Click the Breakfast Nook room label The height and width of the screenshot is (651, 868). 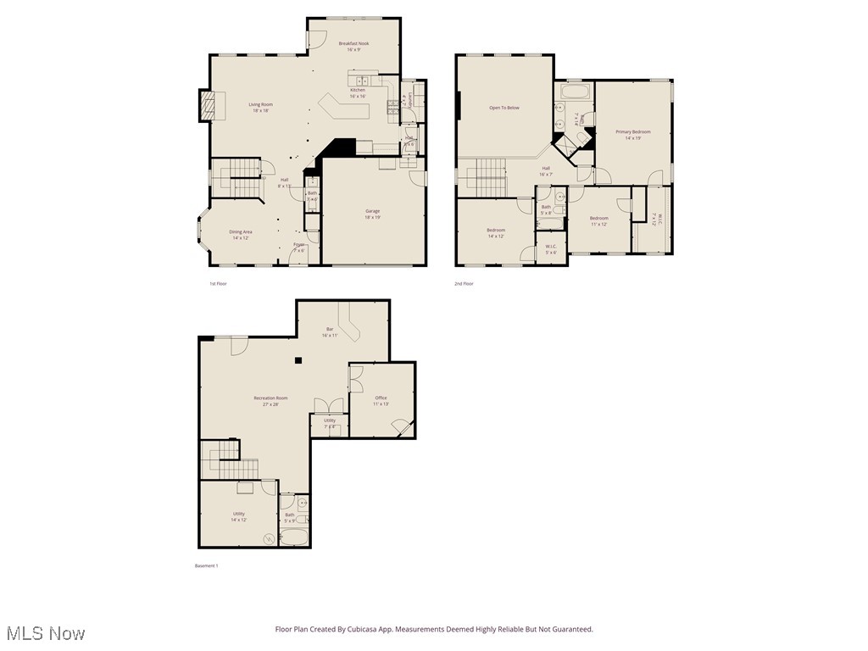point(353,43)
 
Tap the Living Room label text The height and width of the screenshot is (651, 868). point(260,105)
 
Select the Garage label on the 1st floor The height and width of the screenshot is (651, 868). point(372,211)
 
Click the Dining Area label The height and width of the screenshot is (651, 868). point(241,231)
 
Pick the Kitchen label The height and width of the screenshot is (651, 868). point(358,90)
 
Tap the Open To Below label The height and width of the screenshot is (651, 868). point(504,108)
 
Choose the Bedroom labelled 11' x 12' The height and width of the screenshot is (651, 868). point(598,219)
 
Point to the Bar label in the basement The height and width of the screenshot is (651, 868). point(330,329)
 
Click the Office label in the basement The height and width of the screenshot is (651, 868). point(381,398)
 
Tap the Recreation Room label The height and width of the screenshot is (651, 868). point(270,398)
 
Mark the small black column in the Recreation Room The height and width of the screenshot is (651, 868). point(298,361)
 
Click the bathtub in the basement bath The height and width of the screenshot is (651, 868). point(295,537)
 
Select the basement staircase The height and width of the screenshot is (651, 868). point(229,462)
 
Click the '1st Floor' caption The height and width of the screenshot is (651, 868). point(218,284)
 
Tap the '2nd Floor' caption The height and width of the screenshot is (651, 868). point(464,284)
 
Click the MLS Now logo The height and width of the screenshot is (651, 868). point(45,633)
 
